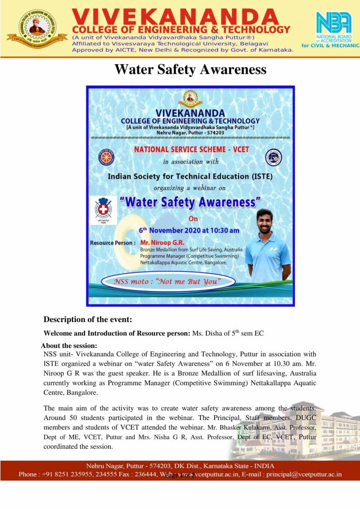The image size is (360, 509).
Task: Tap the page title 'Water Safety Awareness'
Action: [190, 69]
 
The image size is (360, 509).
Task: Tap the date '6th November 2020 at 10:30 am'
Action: [188, 230]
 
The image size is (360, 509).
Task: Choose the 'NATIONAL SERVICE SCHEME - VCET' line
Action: [190, 149]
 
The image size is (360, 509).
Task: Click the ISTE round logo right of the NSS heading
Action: [273, 157]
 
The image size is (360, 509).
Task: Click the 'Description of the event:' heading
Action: [87, 319]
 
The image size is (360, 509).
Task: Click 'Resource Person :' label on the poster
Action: [112, 243]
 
